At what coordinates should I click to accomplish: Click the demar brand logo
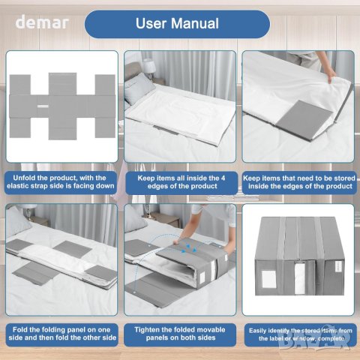[42, 22]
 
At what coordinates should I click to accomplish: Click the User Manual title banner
[177, 24]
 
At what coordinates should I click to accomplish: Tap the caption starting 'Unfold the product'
[61, 182]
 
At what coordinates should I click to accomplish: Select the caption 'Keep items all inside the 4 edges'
[181, 182]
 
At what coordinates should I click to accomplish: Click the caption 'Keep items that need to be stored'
[299, 182]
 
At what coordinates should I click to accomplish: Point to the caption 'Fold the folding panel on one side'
[62, 334]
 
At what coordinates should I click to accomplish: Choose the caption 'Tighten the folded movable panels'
[180, 334]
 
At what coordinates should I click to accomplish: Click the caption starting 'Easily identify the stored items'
[301, 334]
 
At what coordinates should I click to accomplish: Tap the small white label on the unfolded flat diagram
[43, 106]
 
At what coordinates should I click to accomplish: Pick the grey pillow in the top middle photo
[139, 88]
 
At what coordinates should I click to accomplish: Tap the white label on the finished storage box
[268, 278]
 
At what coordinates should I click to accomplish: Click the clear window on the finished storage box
[300, 278]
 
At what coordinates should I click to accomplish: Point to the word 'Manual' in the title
[195, 23]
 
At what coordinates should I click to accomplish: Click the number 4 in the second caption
[223, 178]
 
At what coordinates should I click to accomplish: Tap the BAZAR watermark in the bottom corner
[314, 340]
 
